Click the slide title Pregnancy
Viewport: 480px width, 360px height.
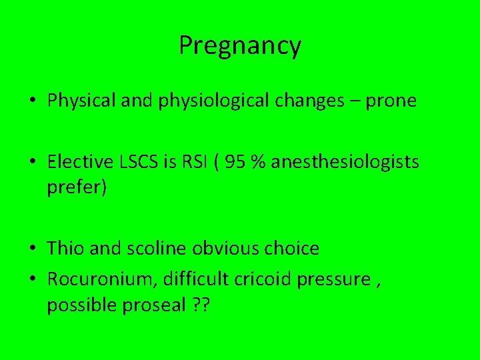point(240,46)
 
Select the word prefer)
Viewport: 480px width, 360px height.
point(77,187)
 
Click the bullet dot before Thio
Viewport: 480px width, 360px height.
point(33,249)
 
